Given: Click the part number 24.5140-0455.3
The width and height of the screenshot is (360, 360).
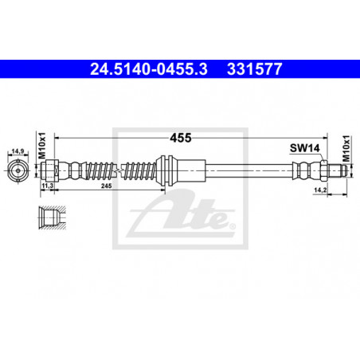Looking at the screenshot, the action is pos(149,69).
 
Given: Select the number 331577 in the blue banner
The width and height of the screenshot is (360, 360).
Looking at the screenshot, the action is pos(254,69).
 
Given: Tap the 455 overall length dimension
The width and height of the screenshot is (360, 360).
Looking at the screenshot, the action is pos(181,138).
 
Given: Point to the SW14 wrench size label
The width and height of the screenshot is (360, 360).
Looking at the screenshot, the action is pos(305,148).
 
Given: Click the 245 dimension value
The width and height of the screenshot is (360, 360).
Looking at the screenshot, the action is pos(106,186).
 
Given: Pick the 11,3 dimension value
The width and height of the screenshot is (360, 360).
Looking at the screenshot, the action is pos(47,186).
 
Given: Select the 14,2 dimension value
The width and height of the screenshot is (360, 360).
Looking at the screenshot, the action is pos(320,190).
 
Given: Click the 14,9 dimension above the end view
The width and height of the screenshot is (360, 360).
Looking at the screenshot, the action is pos(18,151).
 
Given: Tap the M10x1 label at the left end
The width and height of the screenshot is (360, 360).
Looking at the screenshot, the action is pos(42,146).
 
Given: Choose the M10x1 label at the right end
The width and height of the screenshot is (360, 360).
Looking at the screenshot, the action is pos(346,149).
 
